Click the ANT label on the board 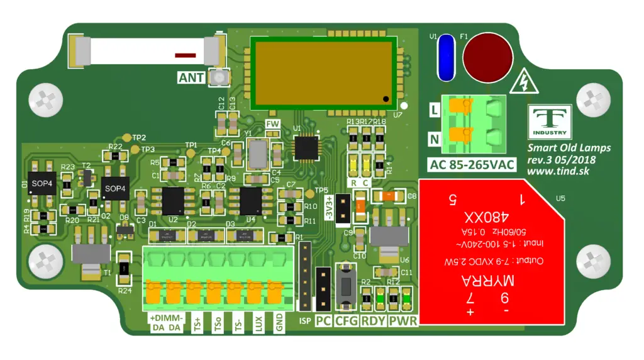191,77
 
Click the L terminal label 433,110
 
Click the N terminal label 433,138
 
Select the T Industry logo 550,122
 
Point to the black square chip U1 308,147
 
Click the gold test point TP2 127,137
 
